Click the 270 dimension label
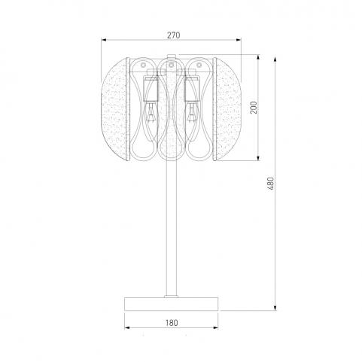coord(174,35)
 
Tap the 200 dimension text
coord(254,108)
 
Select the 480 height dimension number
coord(271,184)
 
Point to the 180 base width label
coord(172,323)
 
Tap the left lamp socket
coord(151,90)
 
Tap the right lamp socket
coord(192,90)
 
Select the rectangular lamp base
coord(172,304)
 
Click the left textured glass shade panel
coord(115,109)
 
